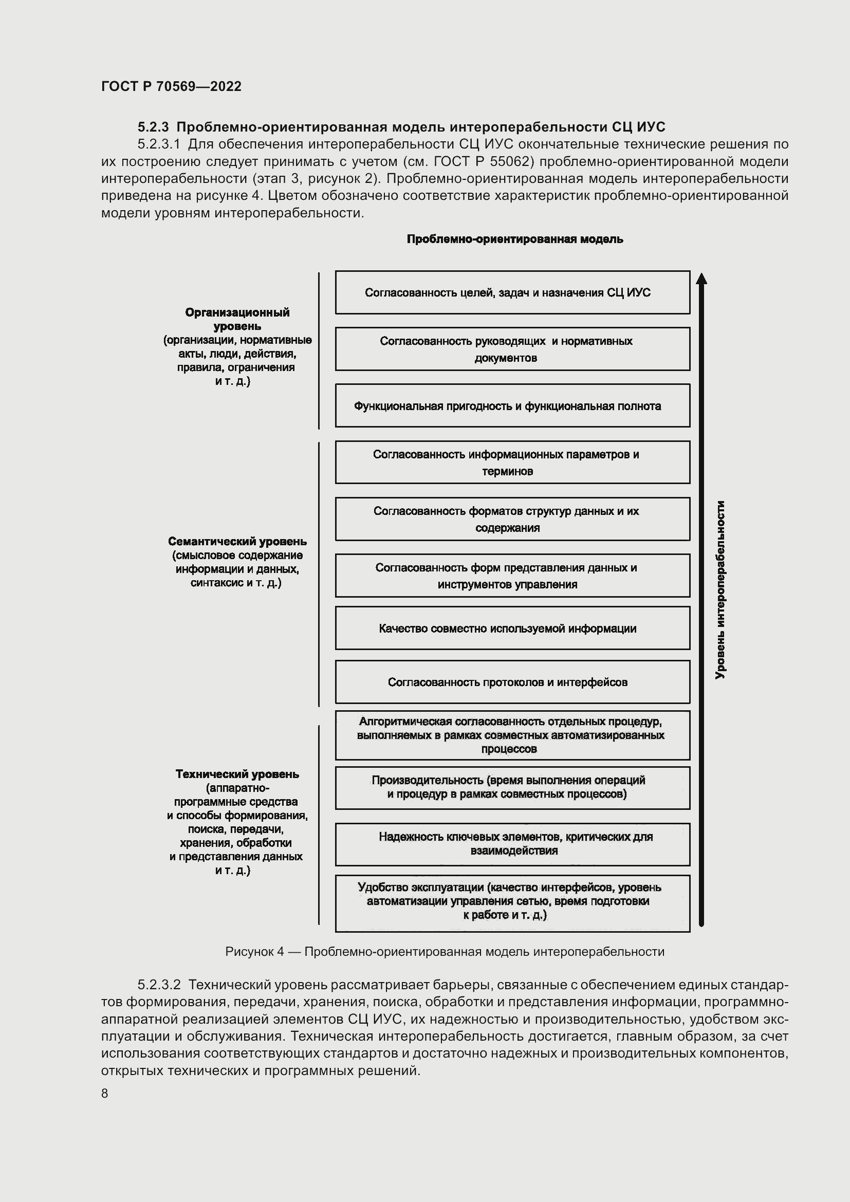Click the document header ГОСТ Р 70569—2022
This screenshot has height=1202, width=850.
pos(171,86)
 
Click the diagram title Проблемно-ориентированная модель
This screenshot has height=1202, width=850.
pos(514,239)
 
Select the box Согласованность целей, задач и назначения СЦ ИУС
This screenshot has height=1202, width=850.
pos(512,292)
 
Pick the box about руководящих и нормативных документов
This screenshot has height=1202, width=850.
pos(512,348)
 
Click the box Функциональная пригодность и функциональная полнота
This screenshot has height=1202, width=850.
pos(512,406)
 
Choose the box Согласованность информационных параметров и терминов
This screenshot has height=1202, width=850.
pos(512,463)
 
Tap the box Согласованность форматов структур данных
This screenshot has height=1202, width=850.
pos(512,519)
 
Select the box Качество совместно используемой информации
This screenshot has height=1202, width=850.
pos(512,628)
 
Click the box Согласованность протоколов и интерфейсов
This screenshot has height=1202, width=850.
pos(512,682)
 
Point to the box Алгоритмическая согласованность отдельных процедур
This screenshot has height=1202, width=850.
pos(512,735)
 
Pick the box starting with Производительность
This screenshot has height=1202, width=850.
pos(512,788)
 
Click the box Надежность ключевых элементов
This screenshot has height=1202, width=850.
pos(512,844)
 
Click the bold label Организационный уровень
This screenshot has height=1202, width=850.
pos(237,319)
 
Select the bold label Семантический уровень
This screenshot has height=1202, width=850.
pos(237,541)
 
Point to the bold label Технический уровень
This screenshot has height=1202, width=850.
pos(237,774)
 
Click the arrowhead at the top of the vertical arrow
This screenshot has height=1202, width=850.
pos(701,279)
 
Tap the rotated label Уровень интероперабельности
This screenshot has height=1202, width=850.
pos(720,589)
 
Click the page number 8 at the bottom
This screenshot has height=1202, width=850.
pos(105,1093)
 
